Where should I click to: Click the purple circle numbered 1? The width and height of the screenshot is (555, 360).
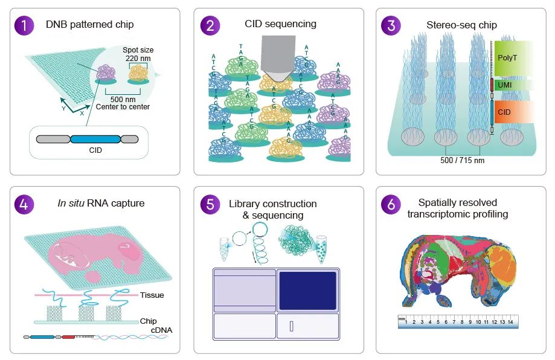click(25, 25)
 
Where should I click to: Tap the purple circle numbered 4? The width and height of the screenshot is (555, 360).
click(25, 203)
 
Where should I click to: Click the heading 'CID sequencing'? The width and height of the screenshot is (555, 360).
click(280, 24)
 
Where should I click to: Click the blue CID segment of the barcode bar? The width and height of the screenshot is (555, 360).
click(95, 139)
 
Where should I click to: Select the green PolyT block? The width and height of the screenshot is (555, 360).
click(513, 59)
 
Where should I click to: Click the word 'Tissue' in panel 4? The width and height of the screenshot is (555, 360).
click(152, 295)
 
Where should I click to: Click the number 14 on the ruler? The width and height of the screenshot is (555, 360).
click(510, 323)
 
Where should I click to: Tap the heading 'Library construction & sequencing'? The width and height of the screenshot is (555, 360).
click(272, 209)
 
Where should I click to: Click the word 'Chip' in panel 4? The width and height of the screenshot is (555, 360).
click(148, 321)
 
